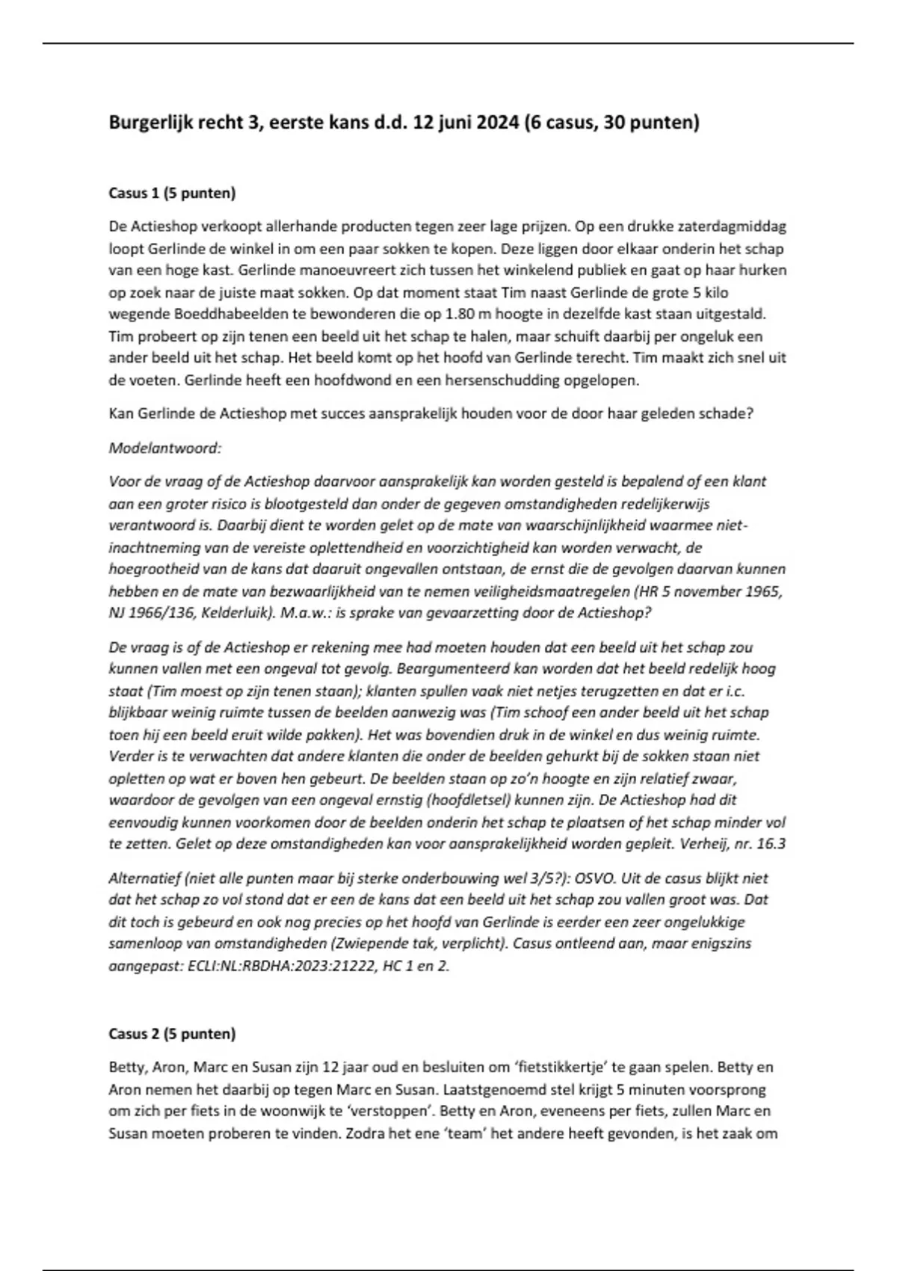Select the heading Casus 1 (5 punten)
172,194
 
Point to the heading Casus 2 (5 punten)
172,1034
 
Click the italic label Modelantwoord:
165,449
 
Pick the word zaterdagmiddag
739,227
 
